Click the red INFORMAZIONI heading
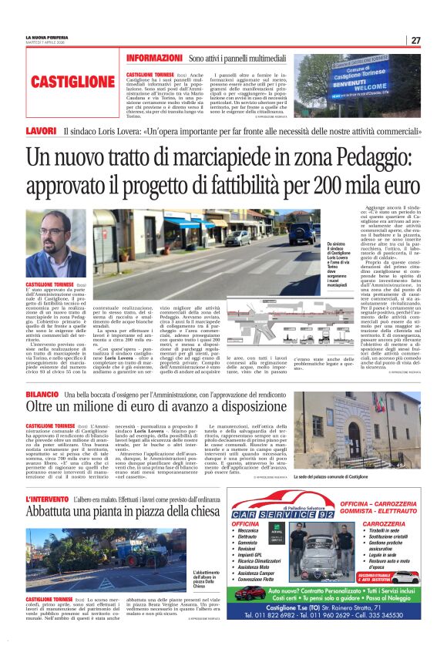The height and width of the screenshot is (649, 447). tap(154, 59)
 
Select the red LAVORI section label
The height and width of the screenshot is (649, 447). tap(40, 131)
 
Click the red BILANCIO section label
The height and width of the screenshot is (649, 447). tap(45, 395)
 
